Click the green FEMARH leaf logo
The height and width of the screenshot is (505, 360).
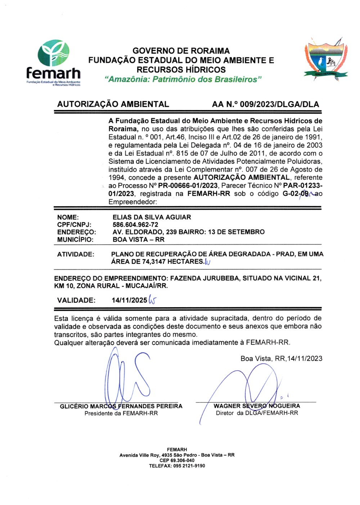click(x=54, y=53)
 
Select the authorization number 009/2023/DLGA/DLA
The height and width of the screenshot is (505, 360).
click(x=279, y=104)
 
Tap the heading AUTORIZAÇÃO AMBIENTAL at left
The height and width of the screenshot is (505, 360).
click(x=113, y=104)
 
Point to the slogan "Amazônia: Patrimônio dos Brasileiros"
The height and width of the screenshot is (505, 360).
click(x=183, y=79)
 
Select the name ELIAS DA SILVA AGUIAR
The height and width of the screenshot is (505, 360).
click(x=152, y=217)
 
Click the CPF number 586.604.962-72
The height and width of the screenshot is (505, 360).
click(x=135, y=225)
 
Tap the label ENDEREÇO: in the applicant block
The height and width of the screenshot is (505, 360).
click(x=76, y=232)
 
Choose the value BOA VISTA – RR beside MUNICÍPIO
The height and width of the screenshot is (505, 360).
click(x=138, y=240)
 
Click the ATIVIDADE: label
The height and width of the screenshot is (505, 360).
click(x=76, y=254)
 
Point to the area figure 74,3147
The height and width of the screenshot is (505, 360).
click(x=154, y=261)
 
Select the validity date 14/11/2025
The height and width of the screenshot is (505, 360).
click(x=129, y=300)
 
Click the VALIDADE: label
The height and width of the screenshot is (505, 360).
click(x=76, y=300)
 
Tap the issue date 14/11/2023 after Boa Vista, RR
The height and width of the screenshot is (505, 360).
click(x=305, y=358)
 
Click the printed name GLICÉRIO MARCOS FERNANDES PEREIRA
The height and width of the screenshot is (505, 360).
click(x=121, y=406)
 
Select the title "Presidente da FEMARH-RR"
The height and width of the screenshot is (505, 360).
click(x=121, y=413)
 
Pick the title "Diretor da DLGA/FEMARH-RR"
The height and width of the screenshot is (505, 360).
click(x=257, y=413)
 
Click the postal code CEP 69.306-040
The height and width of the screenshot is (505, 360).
click(x=177, y=460)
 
